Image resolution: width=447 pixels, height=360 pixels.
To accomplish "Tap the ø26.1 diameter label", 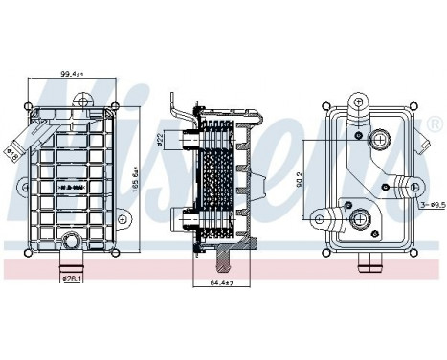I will (70, 281).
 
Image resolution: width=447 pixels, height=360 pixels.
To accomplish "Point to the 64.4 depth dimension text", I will (221, 284).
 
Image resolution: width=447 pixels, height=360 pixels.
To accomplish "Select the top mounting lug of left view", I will (85, 99).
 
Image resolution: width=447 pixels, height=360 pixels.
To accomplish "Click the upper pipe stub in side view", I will (183, 141).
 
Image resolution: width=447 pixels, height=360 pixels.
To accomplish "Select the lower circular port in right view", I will (361, 220).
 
